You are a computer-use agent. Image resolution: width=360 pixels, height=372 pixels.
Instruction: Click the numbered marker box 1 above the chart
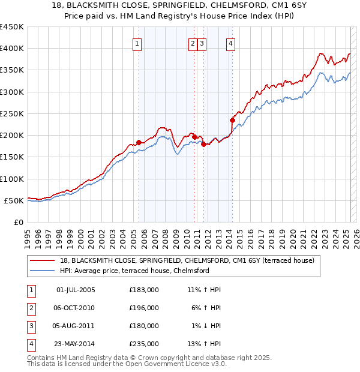click(x=137, y=43)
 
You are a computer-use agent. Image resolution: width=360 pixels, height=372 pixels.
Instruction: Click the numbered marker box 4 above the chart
click(x=230, y=43)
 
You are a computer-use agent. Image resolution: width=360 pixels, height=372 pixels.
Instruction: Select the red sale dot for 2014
click(x=232, y=120)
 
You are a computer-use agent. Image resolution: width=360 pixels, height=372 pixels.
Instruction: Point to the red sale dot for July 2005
click(x=139, y=142)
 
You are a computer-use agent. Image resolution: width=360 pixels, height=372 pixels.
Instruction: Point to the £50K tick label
click(x=14, y=200)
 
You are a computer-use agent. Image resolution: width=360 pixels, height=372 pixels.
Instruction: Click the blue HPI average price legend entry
click(x=134, y=271)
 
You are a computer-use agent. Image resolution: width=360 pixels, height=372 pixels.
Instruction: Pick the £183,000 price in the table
click(x=144, y=290)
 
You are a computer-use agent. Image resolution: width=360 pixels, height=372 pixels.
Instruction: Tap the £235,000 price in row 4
click(x=144, y=344)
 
